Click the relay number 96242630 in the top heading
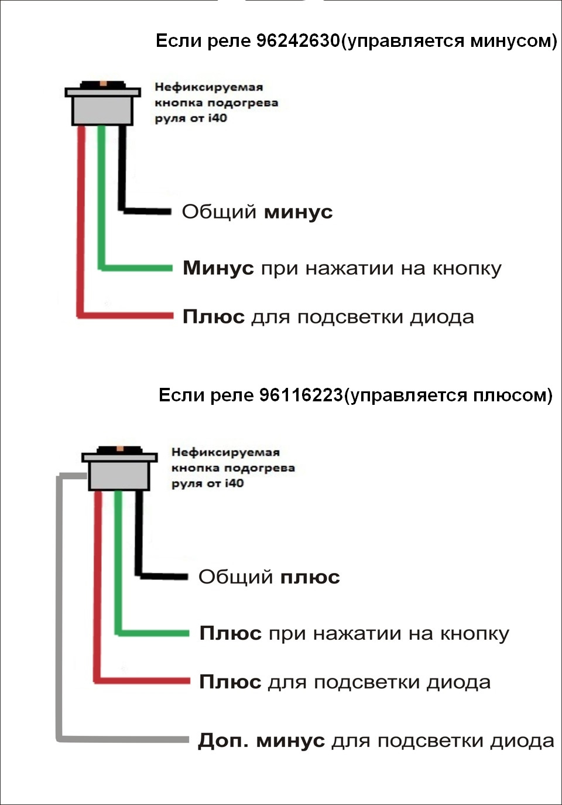click(298, 40)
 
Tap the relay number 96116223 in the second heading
click(300, 395)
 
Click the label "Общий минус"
click(257, 212)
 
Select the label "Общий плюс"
click(269, 577)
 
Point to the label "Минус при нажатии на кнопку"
click(342, 268)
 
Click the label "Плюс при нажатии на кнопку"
click(354, 633)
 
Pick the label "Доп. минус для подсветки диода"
click(375, 741)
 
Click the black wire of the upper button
click(122, 170)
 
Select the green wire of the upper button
click(101, 199)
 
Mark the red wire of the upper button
click(81, 223)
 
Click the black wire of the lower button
click(139, 533)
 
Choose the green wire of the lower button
click(118, 562)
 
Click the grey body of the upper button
click(102, 110)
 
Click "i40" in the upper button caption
click(217, 118)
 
